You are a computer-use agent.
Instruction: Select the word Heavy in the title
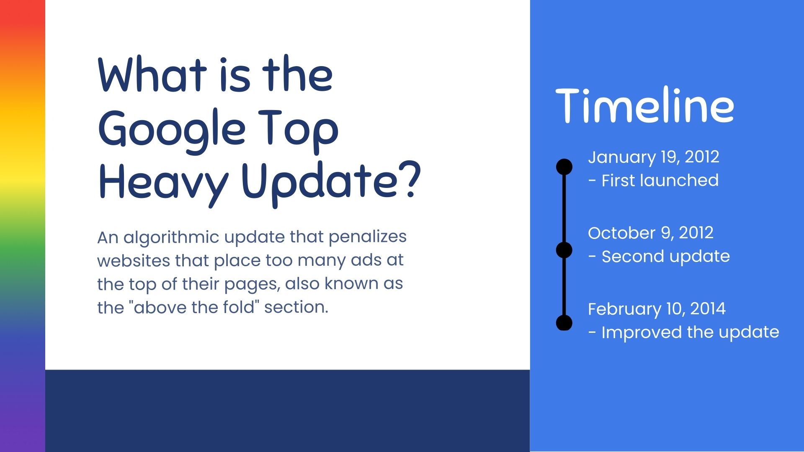point(163,182)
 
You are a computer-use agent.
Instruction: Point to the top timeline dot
point(564,167)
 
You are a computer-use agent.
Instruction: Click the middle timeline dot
point(564,250)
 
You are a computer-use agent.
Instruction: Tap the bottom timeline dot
point(564,323)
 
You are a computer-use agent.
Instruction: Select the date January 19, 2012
point(653,157)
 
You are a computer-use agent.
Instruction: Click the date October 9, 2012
point(650,233)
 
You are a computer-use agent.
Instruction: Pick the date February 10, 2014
point(657,309)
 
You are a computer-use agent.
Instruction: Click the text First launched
point(660,180)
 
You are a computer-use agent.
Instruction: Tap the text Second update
point(665,256)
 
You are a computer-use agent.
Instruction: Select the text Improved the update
point(690,332)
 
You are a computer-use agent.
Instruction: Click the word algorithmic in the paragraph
point(171,237)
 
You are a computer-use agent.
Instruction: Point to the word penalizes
point(367,237)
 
